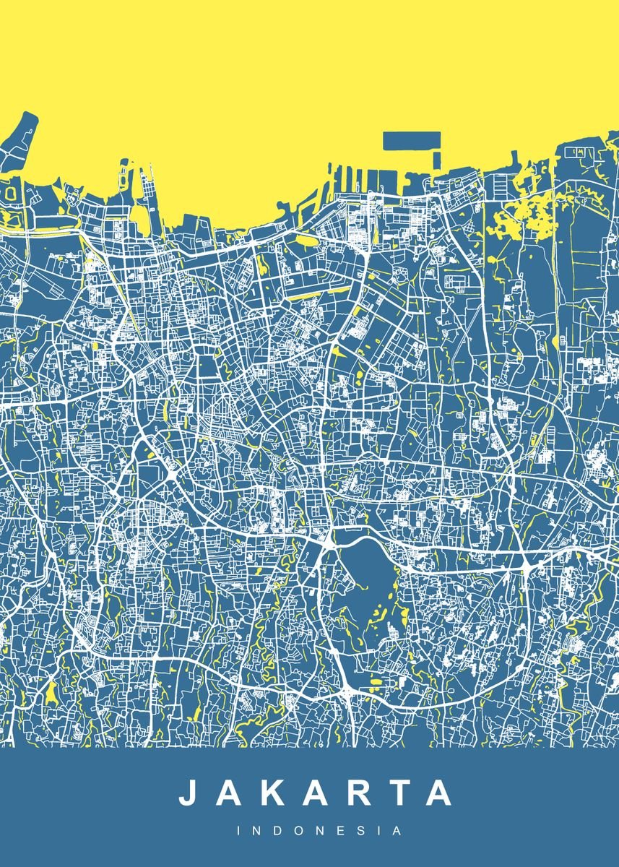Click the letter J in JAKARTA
pos(189,793)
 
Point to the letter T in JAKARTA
pos(397,793)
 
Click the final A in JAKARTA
pos(437,793)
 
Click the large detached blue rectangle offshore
pos(411,140)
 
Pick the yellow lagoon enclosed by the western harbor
pos(139,218)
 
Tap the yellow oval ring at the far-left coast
pos(12,193)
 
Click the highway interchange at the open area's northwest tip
pos(326,541)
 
